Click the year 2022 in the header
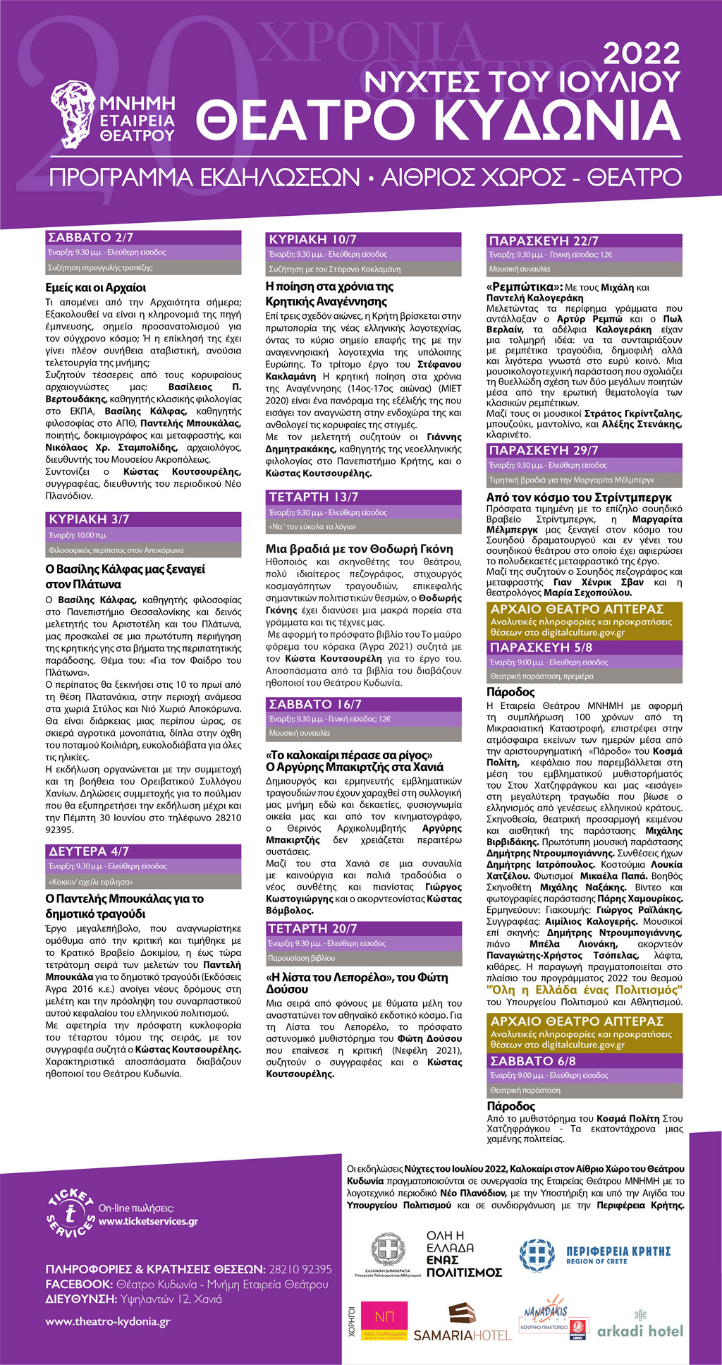[642, 54]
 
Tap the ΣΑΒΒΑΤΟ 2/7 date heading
[90, 238]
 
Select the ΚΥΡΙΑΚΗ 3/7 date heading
[89, 519]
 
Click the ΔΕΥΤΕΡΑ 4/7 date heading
[89, 851]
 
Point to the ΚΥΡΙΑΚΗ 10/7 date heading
[312, 240]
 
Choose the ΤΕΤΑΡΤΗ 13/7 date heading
[314, 497]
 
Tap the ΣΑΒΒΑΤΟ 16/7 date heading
[315, 704]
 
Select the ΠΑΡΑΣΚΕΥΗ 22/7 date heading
[544, 241]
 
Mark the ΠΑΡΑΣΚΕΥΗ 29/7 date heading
[544, 450]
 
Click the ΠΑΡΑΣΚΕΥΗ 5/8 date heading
[541, 648]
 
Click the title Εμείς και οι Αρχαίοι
[96, 288]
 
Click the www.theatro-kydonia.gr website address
[107, 1321]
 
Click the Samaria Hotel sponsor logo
[463, 1321]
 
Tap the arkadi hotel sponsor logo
[640, 1325]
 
